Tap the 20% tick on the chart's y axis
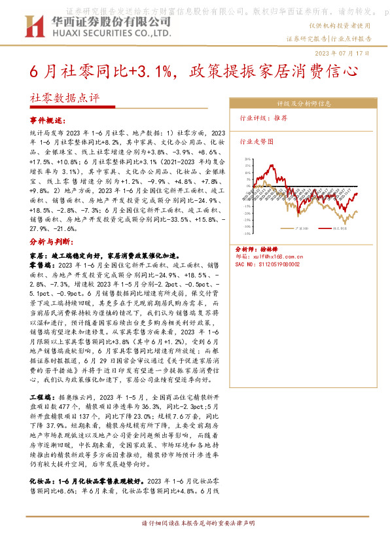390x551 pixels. coord(242,159)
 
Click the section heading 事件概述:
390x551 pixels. coord(48,121)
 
